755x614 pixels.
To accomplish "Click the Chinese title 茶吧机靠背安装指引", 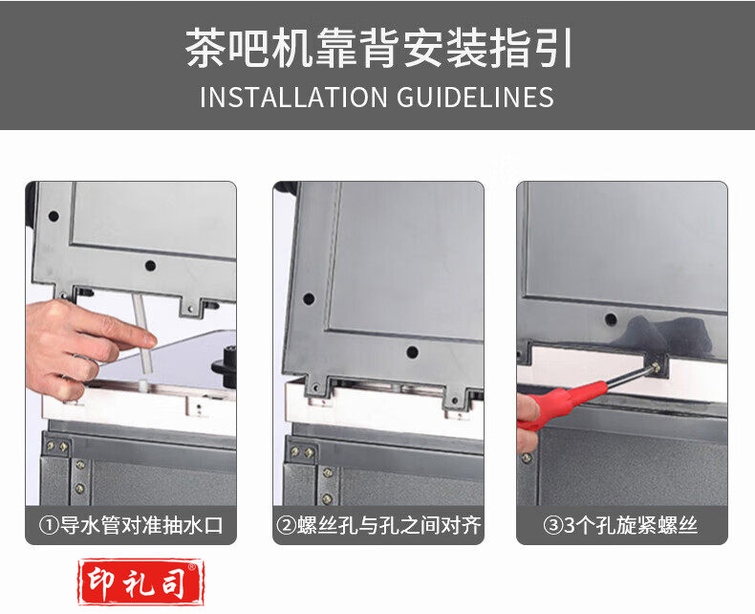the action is click(x=378, y=48).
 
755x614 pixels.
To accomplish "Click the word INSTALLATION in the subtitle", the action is click(x=293, y=97).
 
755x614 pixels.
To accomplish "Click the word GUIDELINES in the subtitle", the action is click(x=475, y=97).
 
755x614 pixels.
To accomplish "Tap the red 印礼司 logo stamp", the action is click(x=141, y=581).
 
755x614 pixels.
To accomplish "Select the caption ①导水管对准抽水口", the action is click(x=131, y=525).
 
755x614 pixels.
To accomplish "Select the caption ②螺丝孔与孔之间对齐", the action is click(x=378, y=525).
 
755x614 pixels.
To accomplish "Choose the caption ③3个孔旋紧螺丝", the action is click(x=620, y=525).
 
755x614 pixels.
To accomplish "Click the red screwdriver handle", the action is click(x=561, y=403).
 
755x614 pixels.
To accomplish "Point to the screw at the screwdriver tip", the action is click(x=656, y=368).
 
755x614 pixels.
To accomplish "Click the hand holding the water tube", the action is click(x=82, y=348).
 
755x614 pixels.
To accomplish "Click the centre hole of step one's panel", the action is click(x=150, y=266).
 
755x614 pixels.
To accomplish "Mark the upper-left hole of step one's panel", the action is click(x=54, y=216).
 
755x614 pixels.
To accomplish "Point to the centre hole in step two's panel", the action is click(x=412, y=352).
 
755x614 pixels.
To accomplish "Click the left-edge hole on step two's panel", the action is click(x=309, y=298).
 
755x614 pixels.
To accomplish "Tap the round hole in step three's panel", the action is click(x=611, y=319).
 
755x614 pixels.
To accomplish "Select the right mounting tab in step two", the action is click(x=454, y=396).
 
